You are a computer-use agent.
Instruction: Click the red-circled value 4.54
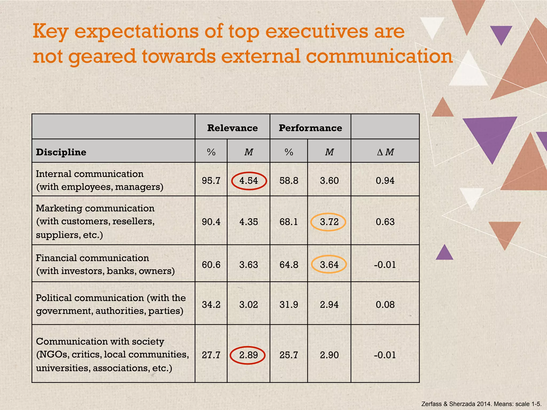tap(249, 181)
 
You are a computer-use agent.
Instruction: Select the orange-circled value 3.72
tap(329, 222)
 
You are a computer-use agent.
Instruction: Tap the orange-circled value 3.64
tap(329, 265)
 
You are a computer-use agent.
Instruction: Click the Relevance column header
tap(232, 128)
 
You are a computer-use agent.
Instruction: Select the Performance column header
tap(310, 128)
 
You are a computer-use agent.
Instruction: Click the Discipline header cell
tap(61, 152)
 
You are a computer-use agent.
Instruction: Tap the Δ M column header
tap(385, 152)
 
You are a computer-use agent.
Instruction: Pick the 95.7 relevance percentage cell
tap(211, 181)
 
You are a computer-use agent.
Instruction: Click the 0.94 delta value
tap(385, 181)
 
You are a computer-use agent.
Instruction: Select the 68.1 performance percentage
tap(289, 222)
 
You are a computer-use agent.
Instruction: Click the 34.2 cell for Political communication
tap(211, 305)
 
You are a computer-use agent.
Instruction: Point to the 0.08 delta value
tap(385, 305)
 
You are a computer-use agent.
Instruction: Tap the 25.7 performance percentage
tap(289, 355)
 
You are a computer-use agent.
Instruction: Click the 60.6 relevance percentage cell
tap(211, 265)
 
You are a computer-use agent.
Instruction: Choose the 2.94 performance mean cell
tap(329, 305)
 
